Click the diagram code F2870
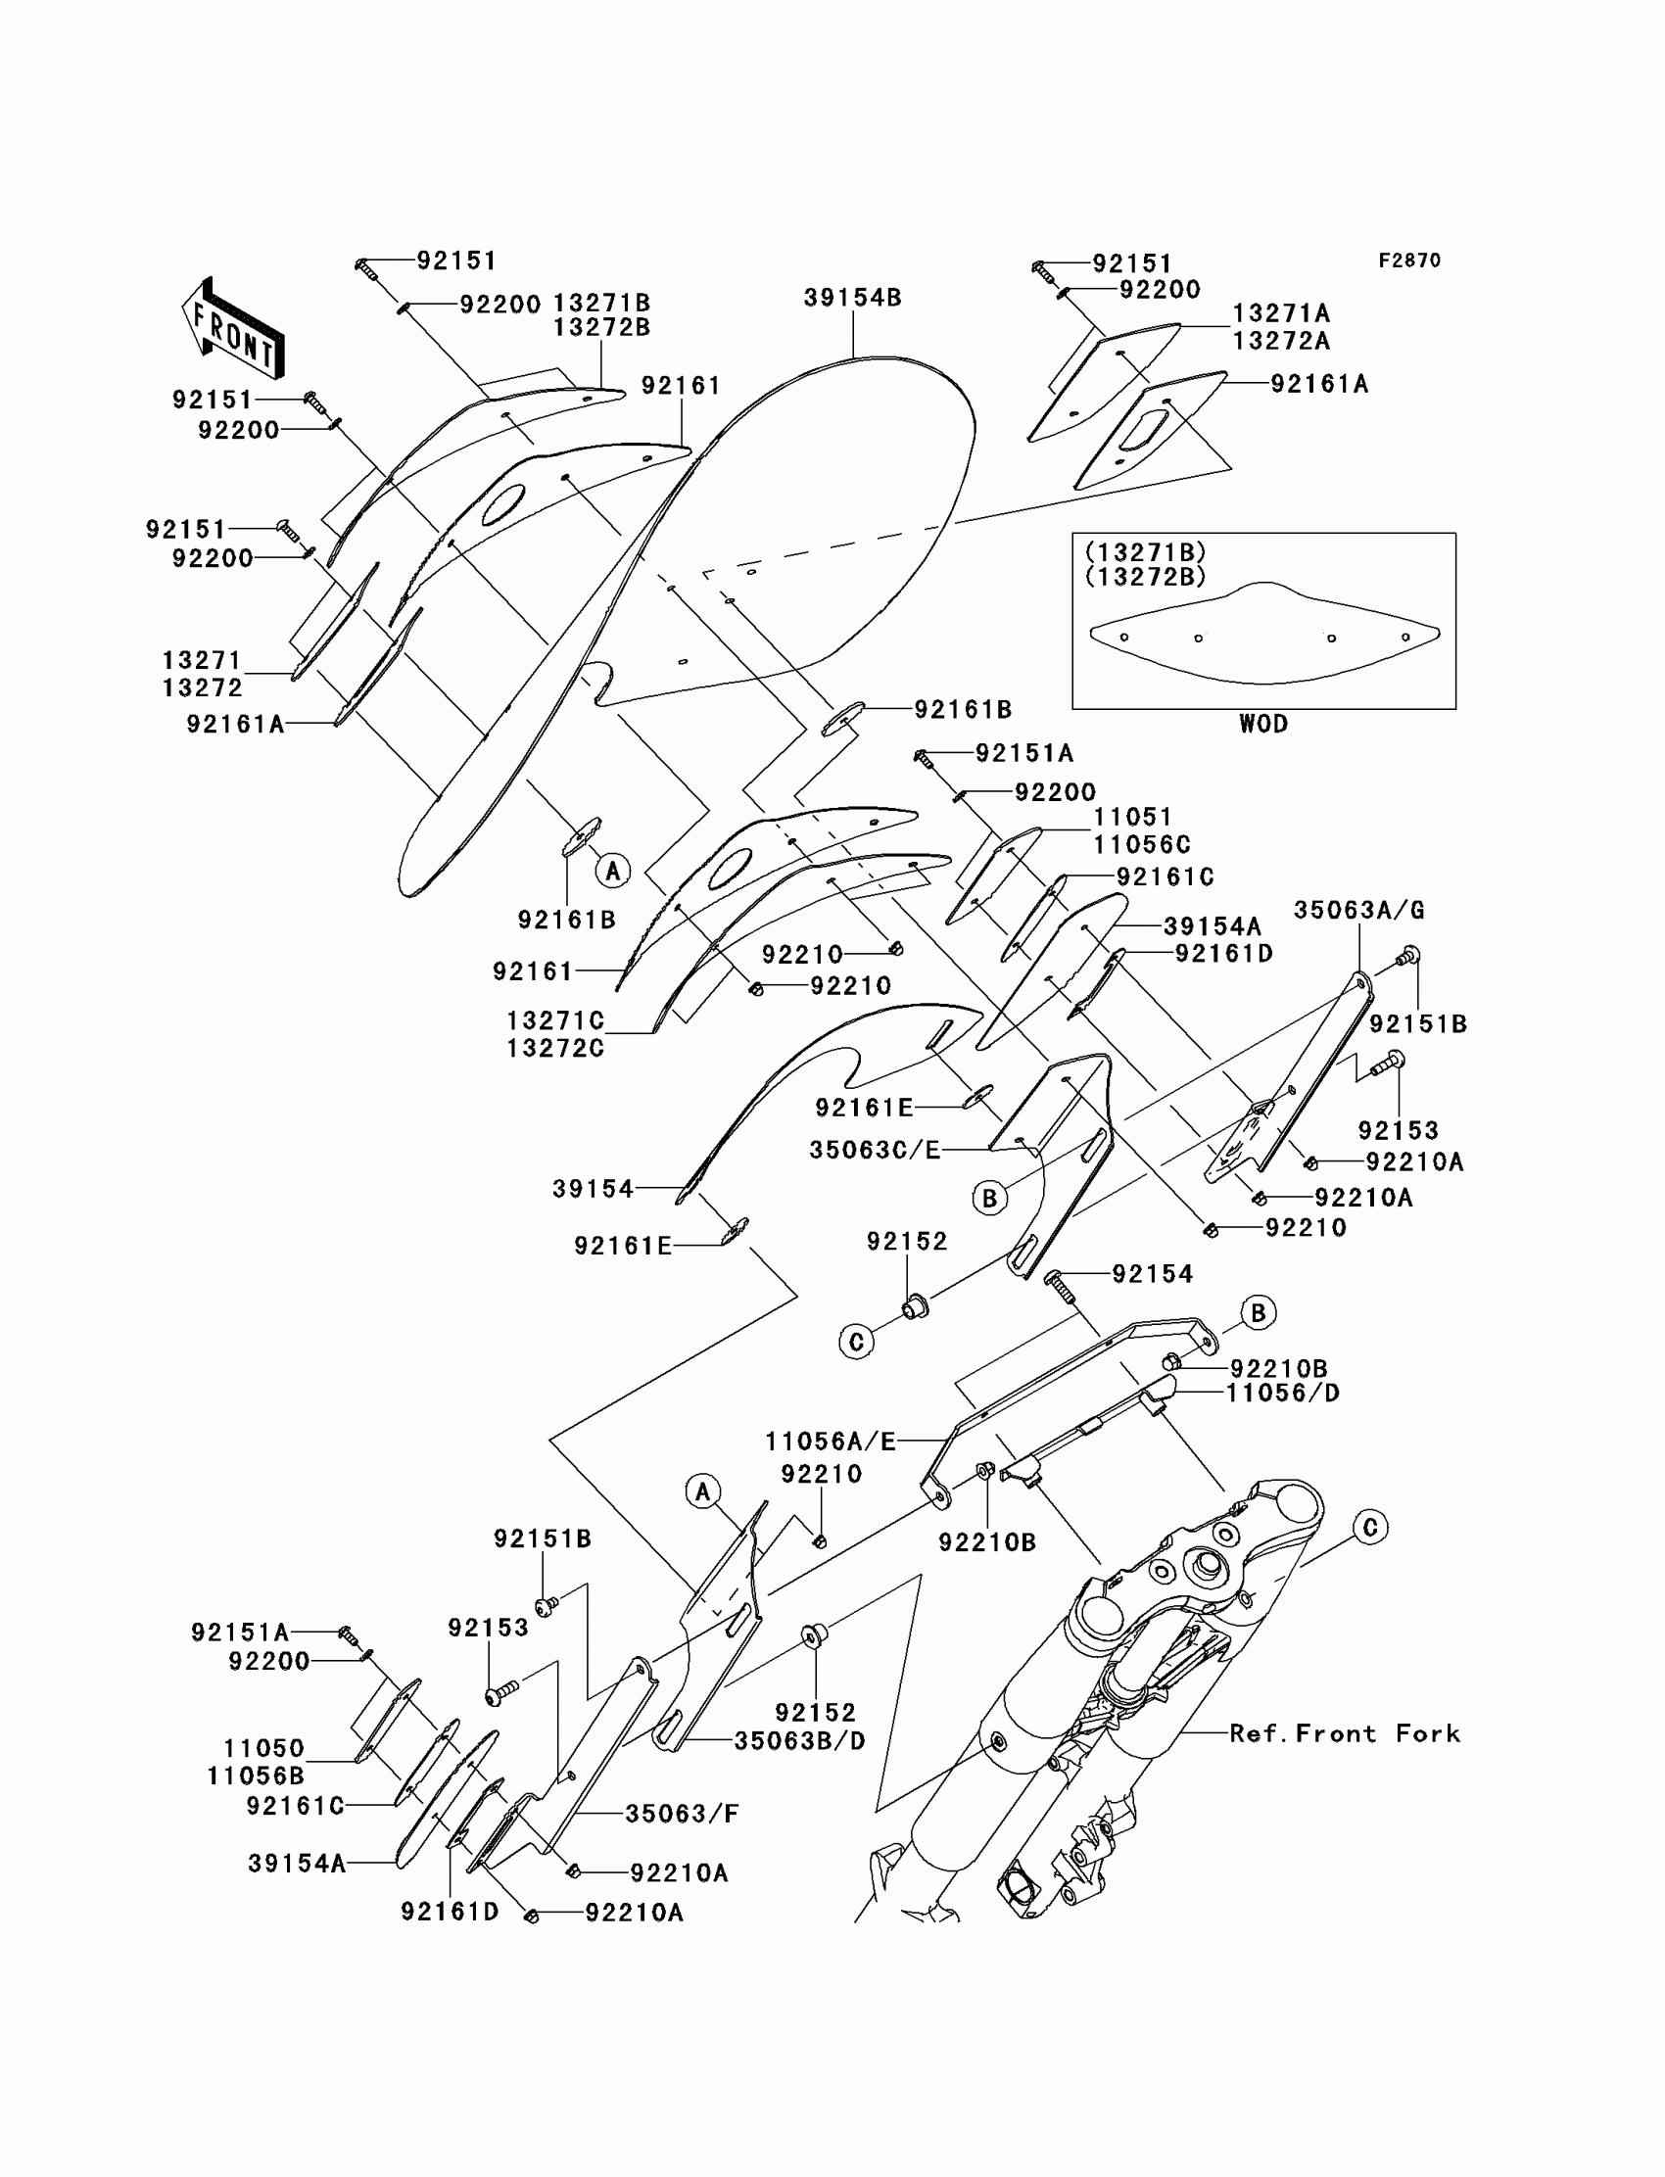tap(1409, 260)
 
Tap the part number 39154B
tap(852, 298)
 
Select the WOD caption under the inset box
tap(1263, 724)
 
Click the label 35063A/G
tap(1358, 910)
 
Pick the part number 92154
tap(1153, 1273)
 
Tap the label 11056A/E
tap(830, 1442)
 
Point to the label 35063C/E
tap(874, 1150)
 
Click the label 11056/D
tap(1282, 1394)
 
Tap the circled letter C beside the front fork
tap(1369, 1527)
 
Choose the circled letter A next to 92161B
tap(612, 871)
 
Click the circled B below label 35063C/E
tap(989, 1198)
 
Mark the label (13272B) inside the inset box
tap(1145, 577)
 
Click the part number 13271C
tap(555, 1020)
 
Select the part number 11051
tap(1133, 818)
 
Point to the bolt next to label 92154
tap(1058, 1285)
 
